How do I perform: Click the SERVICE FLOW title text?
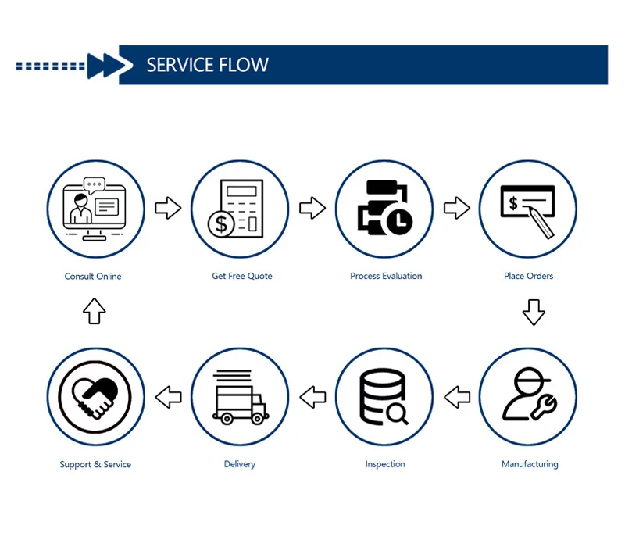[207, 65]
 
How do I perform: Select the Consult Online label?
[93, 276]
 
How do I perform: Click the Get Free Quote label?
[242, 276]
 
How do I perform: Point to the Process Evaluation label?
[386, 276]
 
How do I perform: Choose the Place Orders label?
[529, 276]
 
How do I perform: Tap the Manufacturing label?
[530, 464]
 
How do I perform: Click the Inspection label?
[385, 464]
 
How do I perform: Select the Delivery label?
[240, 464]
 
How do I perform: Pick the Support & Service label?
[95, 464]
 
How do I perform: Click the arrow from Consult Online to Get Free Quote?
[168, 208]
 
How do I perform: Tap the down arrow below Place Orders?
[534, 311]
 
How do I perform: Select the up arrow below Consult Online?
[94, 311]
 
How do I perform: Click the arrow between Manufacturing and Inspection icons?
[457, 396]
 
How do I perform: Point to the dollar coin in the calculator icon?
[221, 225]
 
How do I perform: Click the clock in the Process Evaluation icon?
[398, 222]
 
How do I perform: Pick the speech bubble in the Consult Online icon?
[95, 186]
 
